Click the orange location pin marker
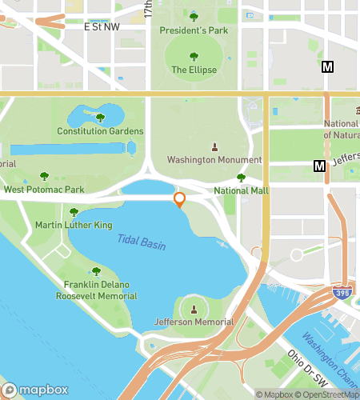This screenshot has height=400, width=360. click(180, 199)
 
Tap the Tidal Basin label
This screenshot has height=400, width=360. click(142, 242)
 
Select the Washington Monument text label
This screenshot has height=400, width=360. click(214, 160)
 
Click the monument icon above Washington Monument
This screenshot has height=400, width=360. click(214, 146)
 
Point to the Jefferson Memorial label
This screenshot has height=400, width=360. click(194, 322)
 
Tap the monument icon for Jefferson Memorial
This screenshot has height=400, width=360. click(194, 309)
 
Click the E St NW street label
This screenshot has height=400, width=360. click(102, 26)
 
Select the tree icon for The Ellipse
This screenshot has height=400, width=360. click(194, 56)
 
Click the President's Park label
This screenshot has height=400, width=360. click(194, 30)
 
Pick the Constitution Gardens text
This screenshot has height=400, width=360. click(100, 131)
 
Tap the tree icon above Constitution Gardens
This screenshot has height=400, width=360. click(100, 118)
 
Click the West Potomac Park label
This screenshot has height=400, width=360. click(44, 190)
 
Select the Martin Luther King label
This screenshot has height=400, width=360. click(74, 226)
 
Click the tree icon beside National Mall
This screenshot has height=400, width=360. click(241, 178)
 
